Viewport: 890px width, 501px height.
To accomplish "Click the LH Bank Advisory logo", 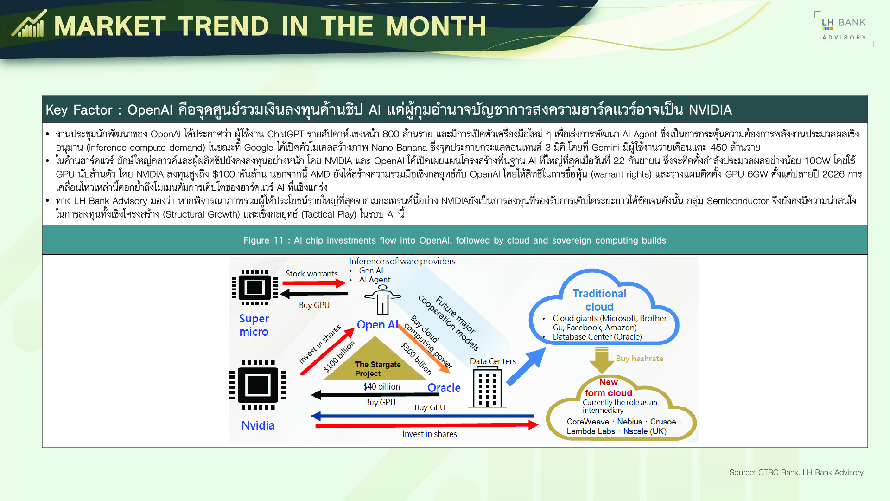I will (844, 29).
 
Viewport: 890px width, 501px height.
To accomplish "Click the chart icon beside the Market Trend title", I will (29, 24).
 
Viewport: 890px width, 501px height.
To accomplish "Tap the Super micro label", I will (254, 325).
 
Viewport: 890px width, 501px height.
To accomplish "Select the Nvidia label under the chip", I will (258, 425).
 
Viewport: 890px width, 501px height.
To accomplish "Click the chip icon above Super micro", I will (254, 288).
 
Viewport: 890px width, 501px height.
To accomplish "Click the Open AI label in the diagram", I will (377, 325).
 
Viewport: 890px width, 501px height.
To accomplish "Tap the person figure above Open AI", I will (382, 300).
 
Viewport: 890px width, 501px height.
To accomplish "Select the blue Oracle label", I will (444, 388).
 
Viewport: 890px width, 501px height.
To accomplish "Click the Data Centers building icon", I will (487, 387).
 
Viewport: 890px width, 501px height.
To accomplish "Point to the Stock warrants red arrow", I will (314, 283).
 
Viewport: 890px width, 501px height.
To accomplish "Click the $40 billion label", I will (381, 386).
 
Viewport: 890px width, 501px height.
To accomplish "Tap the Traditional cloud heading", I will (599, 300).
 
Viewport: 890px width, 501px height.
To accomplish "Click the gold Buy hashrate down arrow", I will (601, 360).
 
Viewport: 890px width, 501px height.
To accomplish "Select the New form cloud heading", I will (608, 387).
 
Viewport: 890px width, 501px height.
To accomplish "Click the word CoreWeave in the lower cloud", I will (587, 422).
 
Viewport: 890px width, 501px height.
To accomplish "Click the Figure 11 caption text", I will (454, 240).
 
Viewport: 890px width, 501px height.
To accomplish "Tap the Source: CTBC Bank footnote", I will (796, 472).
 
